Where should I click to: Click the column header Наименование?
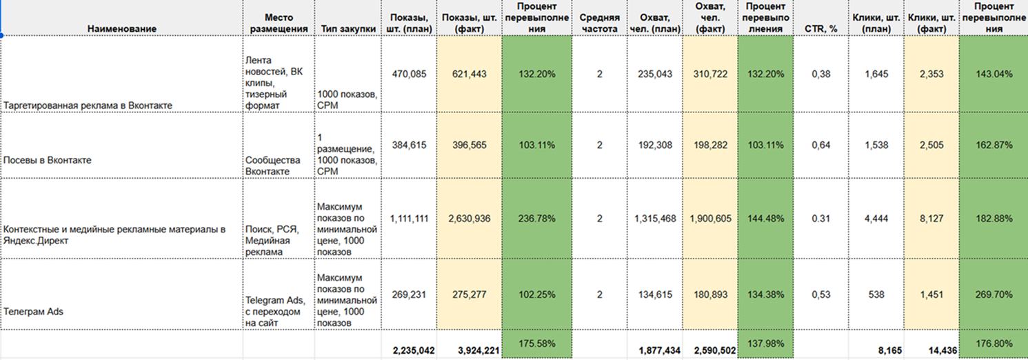tap(121, 28)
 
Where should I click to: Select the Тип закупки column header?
tap(348, 28)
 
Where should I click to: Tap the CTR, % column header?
tap(820, 28)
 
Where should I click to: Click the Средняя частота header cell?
tap(599, 23)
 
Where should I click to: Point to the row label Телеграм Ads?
tap(33, 311)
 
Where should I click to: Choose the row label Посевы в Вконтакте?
tap(48, 160)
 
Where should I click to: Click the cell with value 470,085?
tap(409, 74)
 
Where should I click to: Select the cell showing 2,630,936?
tap(467, 219)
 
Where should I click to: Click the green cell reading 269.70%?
tap(993, 294)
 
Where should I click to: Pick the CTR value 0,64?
tap(820, 145)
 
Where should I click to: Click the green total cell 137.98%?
tap(765, 343)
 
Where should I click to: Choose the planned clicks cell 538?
tap(876, 294)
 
